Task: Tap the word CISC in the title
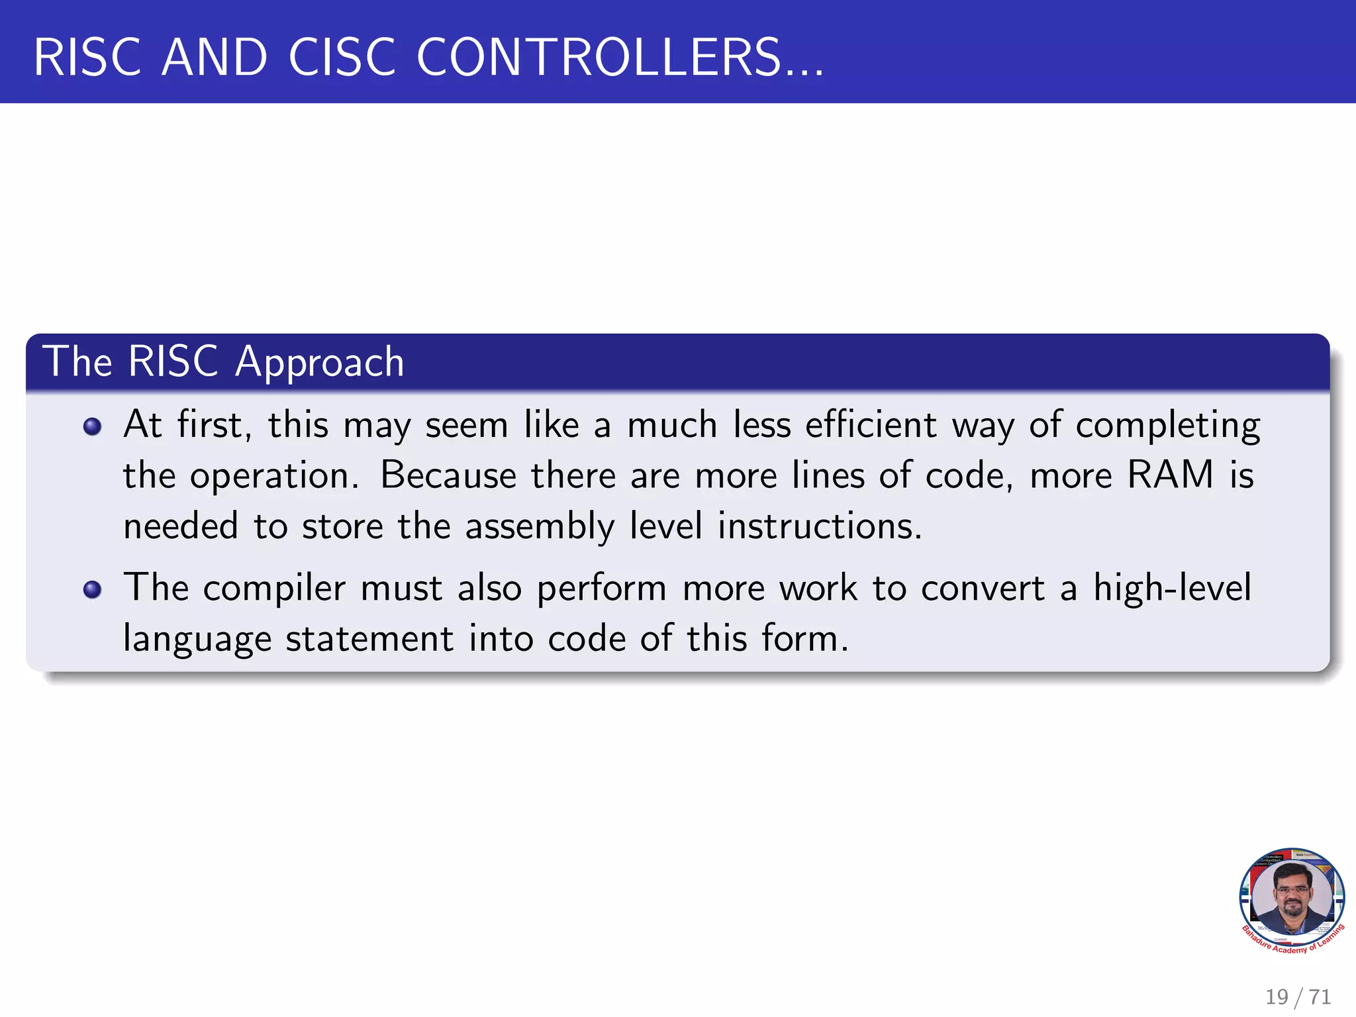342,58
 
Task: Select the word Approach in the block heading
320,363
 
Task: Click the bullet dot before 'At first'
93,426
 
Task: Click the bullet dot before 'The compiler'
93,589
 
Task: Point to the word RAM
1170,475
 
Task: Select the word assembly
540,528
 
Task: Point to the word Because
448,475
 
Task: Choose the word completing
1168,426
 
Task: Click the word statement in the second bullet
369,640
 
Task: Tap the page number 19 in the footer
1277,996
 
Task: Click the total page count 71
1320,996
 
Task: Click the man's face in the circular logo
1292,891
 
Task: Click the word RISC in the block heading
173,362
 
